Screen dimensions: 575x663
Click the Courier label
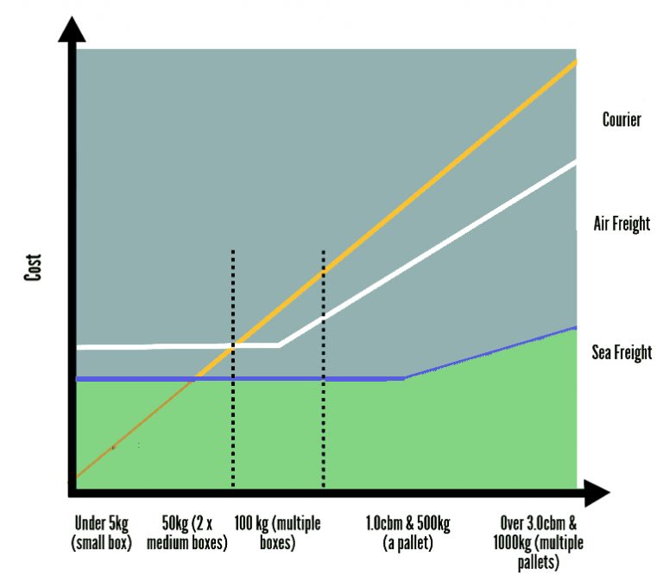click(x=621, y=120)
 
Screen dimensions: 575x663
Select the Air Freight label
click(x=622, y=224)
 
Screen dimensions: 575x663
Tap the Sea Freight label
click(x=622, y=352)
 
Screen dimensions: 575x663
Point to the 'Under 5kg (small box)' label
click(x=102, y=534)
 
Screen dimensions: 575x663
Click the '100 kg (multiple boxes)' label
click(x=277, y=534)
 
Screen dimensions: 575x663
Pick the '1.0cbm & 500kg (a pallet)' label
click(x=408, y=534)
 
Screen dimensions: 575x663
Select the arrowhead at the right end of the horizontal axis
click(x=596, y=494)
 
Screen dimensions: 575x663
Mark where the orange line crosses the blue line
click(x=197, y=378)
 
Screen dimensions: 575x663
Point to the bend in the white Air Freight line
click(x=279, y=345)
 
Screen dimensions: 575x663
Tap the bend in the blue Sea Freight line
click(x=403, y=377)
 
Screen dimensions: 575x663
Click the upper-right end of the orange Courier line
click(x=574, y=63)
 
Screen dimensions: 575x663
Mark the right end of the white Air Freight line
click(x=575, y=162)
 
